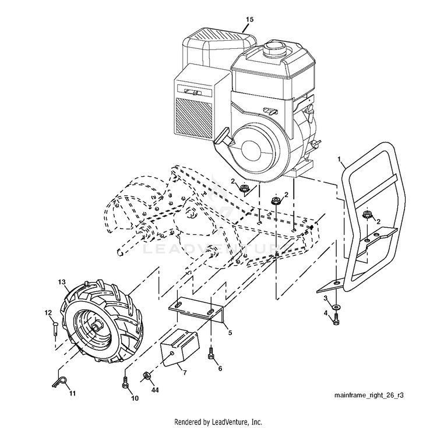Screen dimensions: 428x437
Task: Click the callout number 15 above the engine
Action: pos(249,20)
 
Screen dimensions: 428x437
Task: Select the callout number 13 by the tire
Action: pos(62,281)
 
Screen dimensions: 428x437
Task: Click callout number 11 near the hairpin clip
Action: pos(73,394)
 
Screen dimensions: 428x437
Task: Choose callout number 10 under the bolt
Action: pos(135,399)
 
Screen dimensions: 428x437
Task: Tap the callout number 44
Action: pos(154,391)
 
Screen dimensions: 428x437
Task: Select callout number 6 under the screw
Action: pos(220,369)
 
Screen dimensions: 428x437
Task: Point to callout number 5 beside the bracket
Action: pos(230,333)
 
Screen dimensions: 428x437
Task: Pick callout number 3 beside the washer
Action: pos(326,298)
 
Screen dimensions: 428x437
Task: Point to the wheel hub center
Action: pos(94,328)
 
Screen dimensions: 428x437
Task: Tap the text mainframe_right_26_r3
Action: pos(369,395)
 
